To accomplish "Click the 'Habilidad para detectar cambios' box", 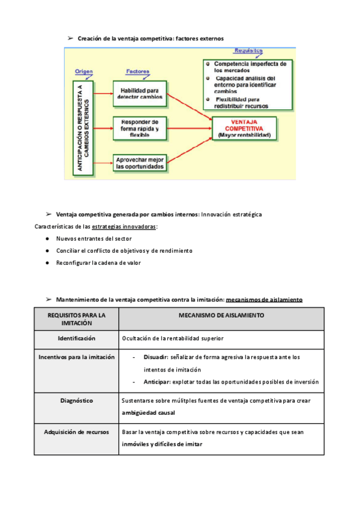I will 139,93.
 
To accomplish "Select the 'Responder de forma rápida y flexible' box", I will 139,127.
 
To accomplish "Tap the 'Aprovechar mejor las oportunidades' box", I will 139,163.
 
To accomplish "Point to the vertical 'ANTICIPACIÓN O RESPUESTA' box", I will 83,128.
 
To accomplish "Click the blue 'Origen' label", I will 83,71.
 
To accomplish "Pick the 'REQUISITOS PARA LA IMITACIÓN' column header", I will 76,319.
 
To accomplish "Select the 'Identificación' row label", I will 76,339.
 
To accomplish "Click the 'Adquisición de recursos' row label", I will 76,432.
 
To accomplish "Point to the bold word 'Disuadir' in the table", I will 155,357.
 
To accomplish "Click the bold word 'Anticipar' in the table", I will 157,382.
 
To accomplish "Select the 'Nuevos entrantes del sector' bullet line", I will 94,239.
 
